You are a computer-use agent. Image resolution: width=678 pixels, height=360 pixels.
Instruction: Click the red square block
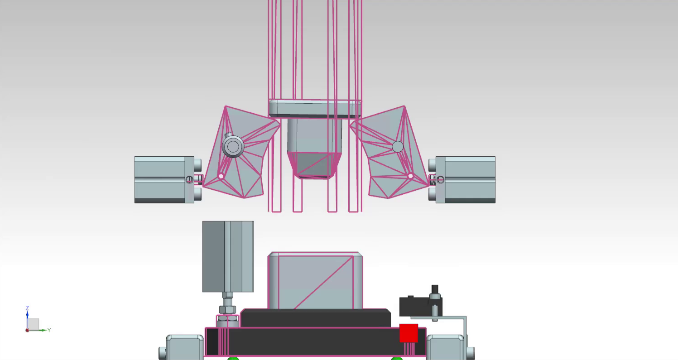pyautogui.click(x=409, y=333)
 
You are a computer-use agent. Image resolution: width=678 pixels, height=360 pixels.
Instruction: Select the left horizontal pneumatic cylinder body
pyautogui.click(x=164, y=180)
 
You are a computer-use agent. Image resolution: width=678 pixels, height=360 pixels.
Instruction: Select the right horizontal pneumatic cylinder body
pyautogui.click(x=465, y=180)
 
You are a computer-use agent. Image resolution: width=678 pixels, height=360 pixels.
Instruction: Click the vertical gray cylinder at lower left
pyautogui.click(x=228, y=256)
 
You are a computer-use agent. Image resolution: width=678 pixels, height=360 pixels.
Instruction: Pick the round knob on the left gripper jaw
pyautogui.click(x=233, y=146)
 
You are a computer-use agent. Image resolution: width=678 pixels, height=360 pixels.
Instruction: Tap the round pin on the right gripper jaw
pyautogui.click(x=397, y=146)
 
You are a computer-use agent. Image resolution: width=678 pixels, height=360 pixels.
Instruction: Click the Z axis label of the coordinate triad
pyautogui.click(x=27, y=308)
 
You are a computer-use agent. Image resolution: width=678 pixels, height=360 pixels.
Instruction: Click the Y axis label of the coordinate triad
pyautogui.click(x=49, y=330)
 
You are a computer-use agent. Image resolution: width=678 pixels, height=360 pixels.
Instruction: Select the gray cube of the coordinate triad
pyautogui.click(x=34, y=324)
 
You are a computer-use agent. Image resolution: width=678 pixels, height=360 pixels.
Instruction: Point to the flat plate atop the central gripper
pyautogui.click(x=315, y=109)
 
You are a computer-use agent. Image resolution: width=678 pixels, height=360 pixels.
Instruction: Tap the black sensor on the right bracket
pyautogui.click(x=414, y=307)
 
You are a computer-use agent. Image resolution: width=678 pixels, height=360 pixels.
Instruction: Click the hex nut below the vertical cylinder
pyautogui.click(x=227, y=310)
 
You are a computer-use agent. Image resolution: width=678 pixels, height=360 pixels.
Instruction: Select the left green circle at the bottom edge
pyautogui.click(x=233, y=358)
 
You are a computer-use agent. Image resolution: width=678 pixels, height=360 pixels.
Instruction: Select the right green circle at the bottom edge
pyautogui.click(x=397, y=358)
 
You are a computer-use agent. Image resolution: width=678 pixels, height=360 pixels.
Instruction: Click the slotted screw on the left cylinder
pyautogui.click(x=190, y=180)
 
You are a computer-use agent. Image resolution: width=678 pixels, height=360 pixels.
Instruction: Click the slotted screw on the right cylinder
pyautogui.click(x=440, y=180)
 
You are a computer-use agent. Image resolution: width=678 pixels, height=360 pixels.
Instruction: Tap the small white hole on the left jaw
pyautogui.click(x=221, y=176)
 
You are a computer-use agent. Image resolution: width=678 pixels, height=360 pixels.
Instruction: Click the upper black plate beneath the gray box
pyautogui.click(x=315, y=318)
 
